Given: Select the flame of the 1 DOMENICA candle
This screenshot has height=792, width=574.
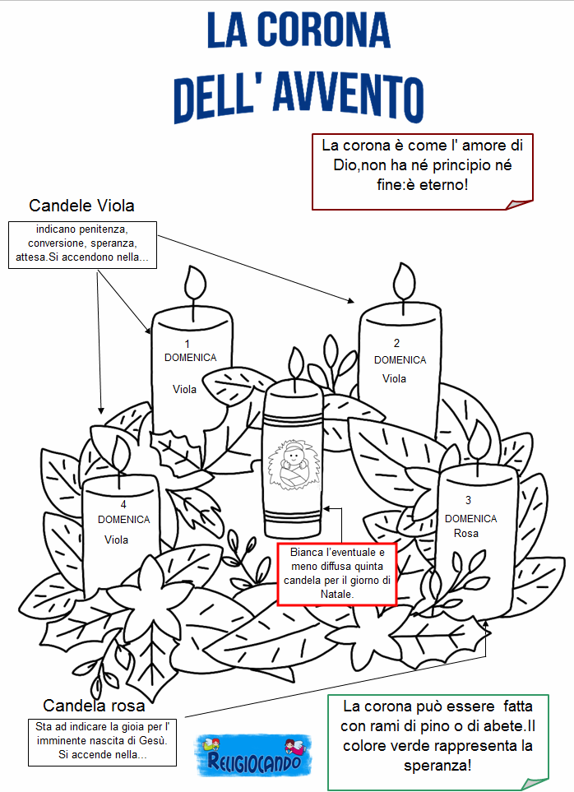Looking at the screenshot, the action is coord(195,283).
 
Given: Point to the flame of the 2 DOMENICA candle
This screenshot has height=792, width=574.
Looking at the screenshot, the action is coord(405,281).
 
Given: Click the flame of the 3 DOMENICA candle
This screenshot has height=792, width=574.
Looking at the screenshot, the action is coord(479,439).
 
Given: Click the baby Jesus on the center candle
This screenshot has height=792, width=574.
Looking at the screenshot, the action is coord(294,464).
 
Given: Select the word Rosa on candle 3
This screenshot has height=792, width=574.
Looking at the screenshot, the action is coord(466,534).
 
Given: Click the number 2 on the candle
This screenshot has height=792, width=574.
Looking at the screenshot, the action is coord(397,343).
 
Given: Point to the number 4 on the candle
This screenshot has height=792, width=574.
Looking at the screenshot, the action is coord(123,505).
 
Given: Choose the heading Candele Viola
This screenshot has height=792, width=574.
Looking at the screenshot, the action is coord(81,206).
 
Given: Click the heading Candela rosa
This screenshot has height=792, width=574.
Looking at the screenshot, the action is coord(94,705).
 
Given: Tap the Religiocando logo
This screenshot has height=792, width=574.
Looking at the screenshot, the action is coord(253,755).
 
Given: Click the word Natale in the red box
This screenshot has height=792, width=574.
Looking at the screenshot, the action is coord(336,594).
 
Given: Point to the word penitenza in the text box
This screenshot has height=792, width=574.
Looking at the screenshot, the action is coord(105,229).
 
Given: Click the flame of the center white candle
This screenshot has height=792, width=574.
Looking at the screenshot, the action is coord(296,364).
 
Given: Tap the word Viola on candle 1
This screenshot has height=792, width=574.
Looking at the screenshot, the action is coord(184,389).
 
